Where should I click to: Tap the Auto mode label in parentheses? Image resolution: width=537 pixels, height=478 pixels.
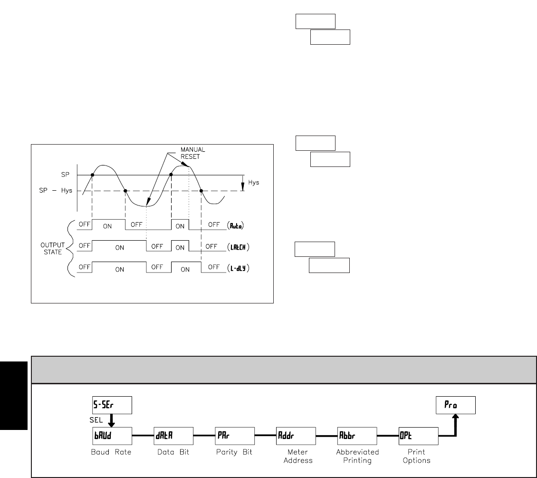pyautogui.click(x=235, y=227)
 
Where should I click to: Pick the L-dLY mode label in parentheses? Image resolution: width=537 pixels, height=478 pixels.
pyautogui.click(x=239, y=268)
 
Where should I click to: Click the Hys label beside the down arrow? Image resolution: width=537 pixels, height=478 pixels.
pyautogui.click(x=254, y=183)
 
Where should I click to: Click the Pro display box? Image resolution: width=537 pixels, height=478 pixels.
pyautogui.click(x=456, y=406)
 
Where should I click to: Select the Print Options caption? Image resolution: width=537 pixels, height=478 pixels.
pyautogui.click(x=417, y=456)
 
